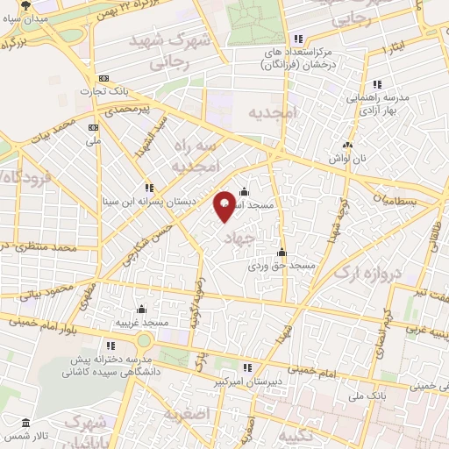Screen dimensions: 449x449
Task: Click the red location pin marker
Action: [x=225, y=203]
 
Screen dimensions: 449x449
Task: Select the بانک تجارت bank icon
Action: [x=103, y=77]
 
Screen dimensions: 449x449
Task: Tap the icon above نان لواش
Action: [x=350, y=145]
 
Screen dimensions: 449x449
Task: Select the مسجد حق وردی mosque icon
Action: [x=281, y=253]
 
